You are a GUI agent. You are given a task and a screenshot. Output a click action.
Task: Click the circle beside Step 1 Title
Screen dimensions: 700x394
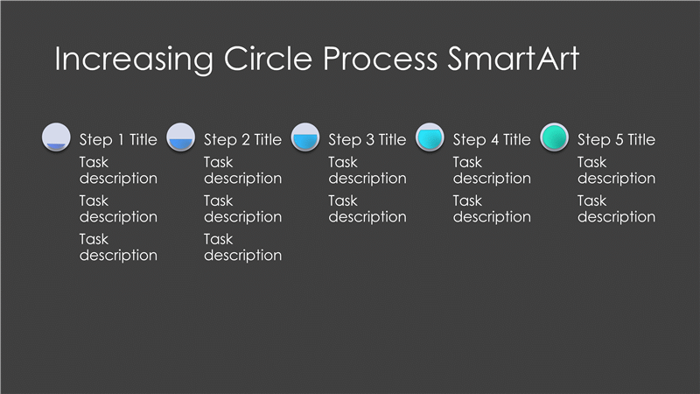tap(56, 137)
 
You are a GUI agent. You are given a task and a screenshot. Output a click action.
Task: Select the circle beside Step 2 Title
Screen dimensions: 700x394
tap(181, 137)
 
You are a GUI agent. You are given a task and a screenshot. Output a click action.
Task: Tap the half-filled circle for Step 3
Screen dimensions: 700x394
tap(305, 137)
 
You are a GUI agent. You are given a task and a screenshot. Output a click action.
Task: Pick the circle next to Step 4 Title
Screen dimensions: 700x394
tap(430, 137)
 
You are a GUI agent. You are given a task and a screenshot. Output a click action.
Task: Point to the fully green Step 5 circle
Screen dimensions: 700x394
tap(555, 137)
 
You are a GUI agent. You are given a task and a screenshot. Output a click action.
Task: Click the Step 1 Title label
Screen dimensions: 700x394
tap(118, 140)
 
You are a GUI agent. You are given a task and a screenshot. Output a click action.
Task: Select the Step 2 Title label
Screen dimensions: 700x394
tap(243, 140)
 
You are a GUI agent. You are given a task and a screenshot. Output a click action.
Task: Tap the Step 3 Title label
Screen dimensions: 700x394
tap(367, 140)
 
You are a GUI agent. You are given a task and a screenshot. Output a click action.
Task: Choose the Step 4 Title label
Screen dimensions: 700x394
tap(492, 140)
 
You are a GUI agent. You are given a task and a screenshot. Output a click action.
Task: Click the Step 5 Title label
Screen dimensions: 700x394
tap(617, 140)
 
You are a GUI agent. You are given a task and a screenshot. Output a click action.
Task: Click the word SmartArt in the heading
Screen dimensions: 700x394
tap(514, 59)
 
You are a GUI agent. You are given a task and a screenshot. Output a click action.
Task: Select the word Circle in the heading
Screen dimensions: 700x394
tap(268, 59)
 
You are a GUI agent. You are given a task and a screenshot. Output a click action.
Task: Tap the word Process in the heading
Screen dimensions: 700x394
tap(380, 59)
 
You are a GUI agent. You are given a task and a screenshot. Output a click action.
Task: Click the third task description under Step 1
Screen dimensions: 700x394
tap(118, 247)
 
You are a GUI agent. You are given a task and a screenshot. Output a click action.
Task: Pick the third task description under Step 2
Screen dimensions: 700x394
tap(243, 247)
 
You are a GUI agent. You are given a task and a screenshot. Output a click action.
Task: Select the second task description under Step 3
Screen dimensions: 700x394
tap(367, 208)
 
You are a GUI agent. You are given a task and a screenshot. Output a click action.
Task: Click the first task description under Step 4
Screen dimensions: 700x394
tap(492, 170)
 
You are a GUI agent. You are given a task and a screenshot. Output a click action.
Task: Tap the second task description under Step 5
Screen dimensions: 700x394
tap(617, 208)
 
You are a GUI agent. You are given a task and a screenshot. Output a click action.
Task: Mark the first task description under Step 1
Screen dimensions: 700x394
tap(118, 170)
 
